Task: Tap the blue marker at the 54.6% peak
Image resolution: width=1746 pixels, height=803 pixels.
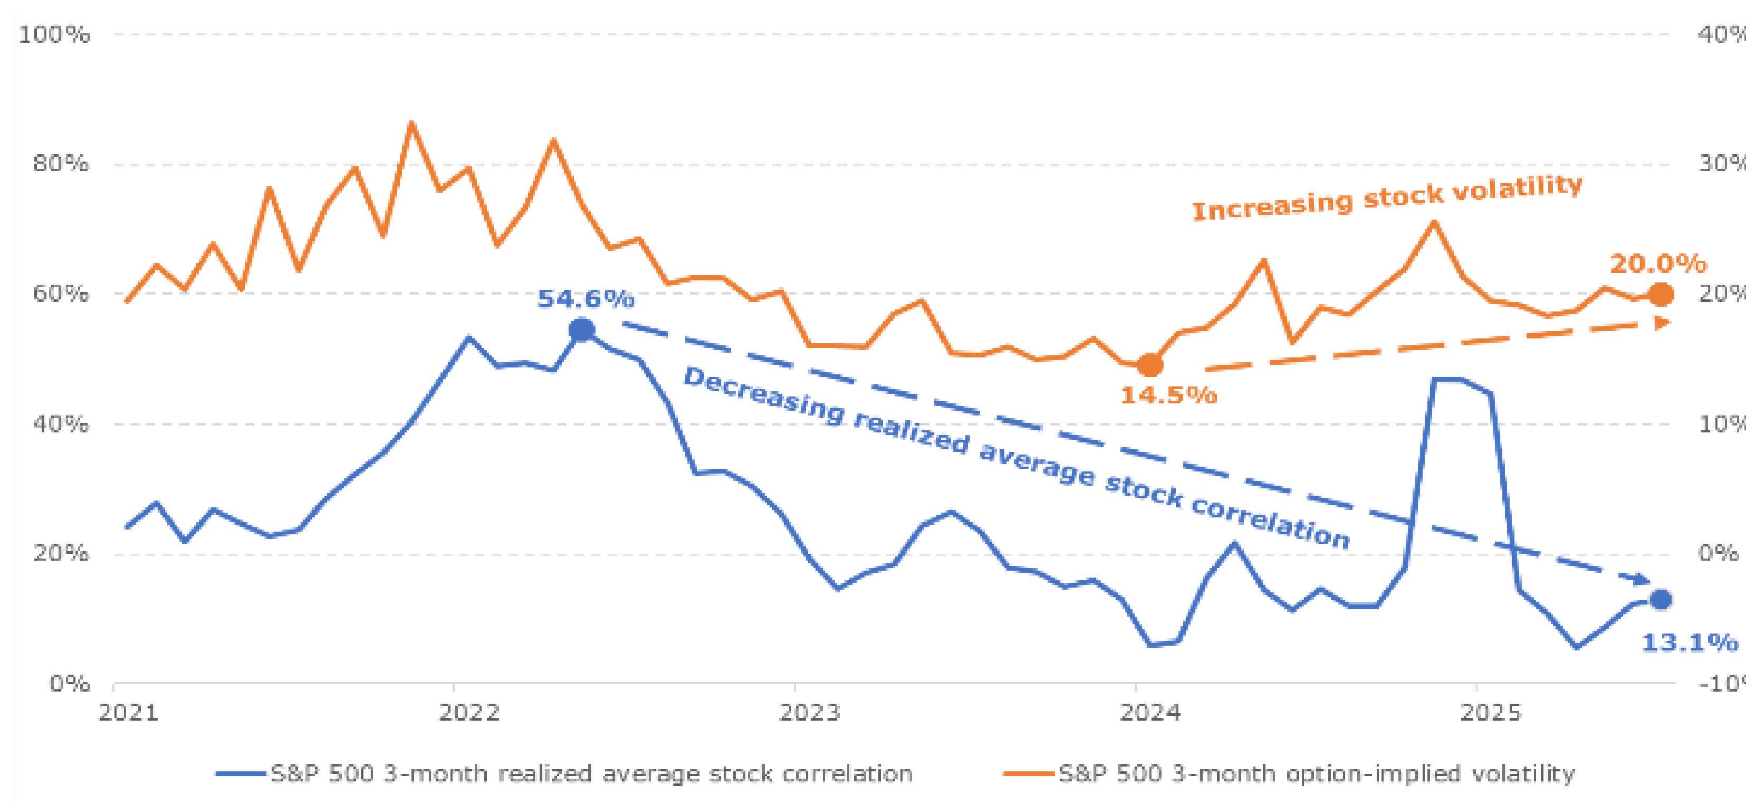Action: (581, 330)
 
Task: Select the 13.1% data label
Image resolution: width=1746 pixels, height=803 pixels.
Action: (1689, 643)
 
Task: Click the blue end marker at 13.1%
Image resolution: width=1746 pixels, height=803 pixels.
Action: (1661, 600)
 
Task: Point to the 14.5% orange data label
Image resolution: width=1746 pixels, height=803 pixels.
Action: (1168, 395)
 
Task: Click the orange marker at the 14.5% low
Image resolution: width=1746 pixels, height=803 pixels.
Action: (1149, 365)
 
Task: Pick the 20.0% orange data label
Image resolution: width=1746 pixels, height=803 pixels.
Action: (1658, 264)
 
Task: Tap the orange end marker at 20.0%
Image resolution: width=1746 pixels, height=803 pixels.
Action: (1661, 295)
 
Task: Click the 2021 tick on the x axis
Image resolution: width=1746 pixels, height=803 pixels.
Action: (128, 713)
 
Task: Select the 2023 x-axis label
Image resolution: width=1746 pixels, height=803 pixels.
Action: (809, 713)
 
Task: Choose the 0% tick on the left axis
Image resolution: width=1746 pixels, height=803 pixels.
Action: (69, 684)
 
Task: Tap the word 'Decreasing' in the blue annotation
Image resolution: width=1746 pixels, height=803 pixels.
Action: (763, 395)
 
